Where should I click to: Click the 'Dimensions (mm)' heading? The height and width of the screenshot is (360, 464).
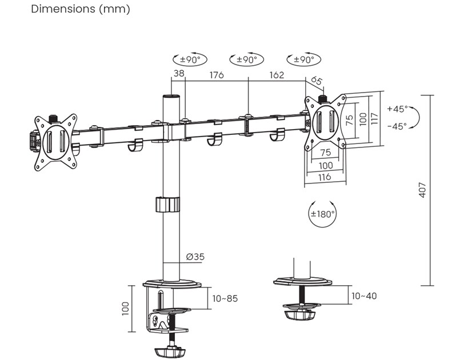pyautogui.click(x=81, y=10)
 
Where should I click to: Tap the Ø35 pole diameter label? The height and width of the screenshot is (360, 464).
pyautogui.click(x=195, y=257)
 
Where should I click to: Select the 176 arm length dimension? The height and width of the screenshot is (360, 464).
pyautogui.click(x=217, y=74)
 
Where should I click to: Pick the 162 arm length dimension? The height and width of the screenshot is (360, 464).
pyautogui.click(x=276, y=74)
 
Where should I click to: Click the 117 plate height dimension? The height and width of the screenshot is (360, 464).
pyautogui.click(x=375, y=118)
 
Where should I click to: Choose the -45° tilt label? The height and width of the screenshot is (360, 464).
pyautogui.click(x=397, y=126)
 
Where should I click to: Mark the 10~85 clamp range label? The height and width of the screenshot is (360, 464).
pyautogui.click(x=225, y=298)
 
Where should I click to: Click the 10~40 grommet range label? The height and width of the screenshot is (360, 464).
pyautogui.click(x=364, y=296)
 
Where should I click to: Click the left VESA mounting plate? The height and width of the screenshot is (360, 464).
pyautogui.click(x=55, y=142)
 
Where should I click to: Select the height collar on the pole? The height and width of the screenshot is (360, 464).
pyautogui.click(x=166, y=205)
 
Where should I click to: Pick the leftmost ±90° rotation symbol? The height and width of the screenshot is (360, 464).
pyautogui.click(x=190, y=59)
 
